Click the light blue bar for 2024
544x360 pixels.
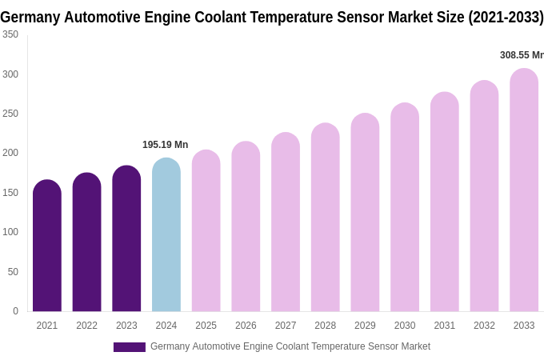tap(166, 235)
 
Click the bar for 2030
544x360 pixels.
tap(405, 207)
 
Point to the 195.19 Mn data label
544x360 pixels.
tap(165, 145)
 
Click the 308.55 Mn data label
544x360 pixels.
tap(521, 55)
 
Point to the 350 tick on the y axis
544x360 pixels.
tap(10, 34)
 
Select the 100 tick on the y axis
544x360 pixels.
tap(10, 232)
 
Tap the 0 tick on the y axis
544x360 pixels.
tap(15, 311)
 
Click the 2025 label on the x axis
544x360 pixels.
tap(206, 326)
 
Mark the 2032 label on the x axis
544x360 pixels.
tap(484, 326)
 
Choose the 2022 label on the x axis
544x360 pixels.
tap(86, 326)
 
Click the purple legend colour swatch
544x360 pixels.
tap(129, 347)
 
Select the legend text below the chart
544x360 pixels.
tap(290, 346)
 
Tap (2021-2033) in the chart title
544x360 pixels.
tap(506, 17)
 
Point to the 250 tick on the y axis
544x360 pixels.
tap(10, 114)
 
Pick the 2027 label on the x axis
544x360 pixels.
tap(286, 326)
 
